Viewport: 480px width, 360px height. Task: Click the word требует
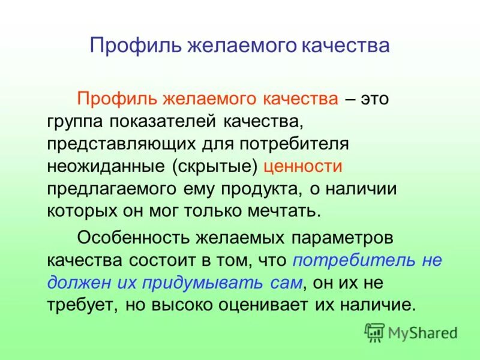(83, 304)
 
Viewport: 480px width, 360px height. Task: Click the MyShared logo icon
(374, 331)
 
